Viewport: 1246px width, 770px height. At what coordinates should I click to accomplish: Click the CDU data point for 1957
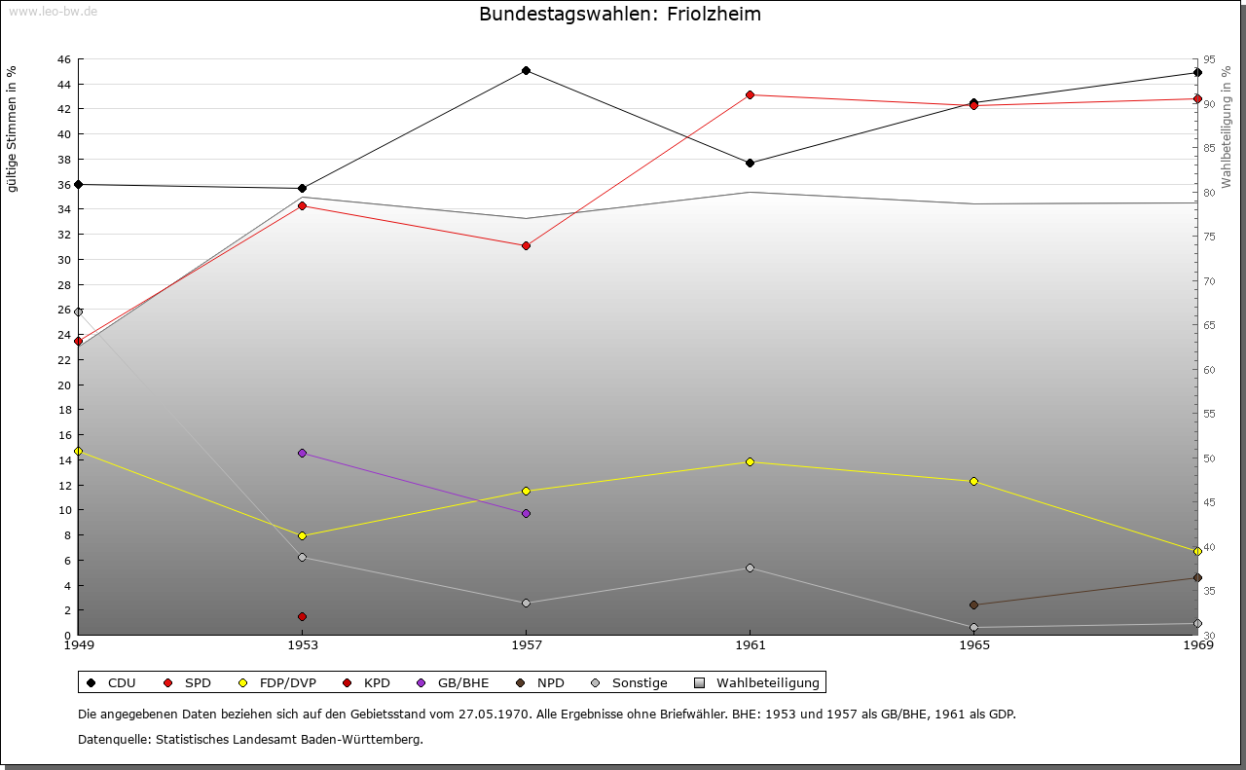[527, 71]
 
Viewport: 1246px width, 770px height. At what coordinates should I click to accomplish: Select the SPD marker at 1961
[750, 95]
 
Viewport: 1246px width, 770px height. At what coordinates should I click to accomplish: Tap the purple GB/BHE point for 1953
[302, 453]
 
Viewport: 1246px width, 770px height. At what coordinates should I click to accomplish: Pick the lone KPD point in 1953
[302, 616]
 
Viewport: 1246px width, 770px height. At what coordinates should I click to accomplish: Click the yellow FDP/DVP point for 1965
[974, 481]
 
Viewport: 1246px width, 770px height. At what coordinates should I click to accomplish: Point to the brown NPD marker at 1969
[1197, 577]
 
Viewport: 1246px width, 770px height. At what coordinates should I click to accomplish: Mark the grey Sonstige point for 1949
[79, 312]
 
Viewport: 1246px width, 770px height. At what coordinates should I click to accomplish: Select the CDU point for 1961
[750, 163]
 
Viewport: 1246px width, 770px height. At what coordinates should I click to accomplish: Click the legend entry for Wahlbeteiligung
[757, 682]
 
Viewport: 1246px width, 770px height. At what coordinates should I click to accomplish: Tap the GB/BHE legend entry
[453, 682]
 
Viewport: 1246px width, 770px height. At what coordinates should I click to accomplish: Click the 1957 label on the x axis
[527, 644]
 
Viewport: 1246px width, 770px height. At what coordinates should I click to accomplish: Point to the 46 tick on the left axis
[64, 59]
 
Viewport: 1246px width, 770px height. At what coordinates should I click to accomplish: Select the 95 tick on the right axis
[1209, 59]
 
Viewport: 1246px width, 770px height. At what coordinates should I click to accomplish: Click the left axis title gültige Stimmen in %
[12, 129]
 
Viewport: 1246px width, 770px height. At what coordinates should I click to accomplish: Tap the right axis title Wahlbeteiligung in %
[1227, 127]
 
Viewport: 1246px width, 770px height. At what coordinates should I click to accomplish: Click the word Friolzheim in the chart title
[714, 14]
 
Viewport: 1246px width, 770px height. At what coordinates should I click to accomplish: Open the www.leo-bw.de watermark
[54, 11]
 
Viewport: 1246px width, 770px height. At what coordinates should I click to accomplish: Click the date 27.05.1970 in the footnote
[494, 714]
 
